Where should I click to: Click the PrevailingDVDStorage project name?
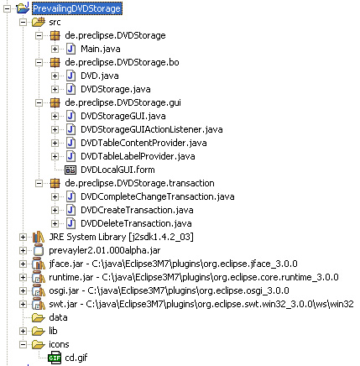point(77,8)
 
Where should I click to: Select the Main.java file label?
point(101,49)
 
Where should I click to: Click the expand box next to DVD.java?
point(55,76)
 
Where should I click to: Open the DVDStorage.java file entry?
point(116,89)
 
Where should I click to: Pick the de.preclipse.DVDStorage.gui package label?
point(123,102)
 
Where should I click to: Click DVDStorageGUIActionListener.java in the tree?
point(152,129)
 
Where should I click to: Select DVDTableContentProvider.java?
point(143,143)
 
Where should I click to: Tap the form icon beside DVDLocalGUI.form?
point(70,170)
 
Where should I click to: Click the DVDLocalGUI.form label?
point(117,170)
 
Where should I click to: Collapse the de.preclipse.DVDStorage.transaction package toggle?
point(39,183)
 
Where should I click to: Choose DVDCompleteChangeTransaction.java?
point(158,196)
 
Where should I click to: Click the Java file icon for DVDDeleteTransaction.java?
point(70,223)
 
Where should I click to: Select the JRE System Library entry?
point(121,237)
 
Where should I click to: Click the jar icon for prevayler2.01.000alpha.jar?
point(39,250)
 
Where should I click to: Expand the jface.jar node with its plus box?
point(23,264)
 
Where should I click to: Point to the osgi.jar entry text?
point(169,290)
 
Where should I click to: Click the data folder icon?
point(39,317)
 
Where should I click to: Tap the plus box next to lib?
point(23,331)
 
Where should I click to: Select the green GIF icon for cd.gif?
point(55,358)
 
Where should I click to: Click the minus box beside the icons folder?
point(23,344)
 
